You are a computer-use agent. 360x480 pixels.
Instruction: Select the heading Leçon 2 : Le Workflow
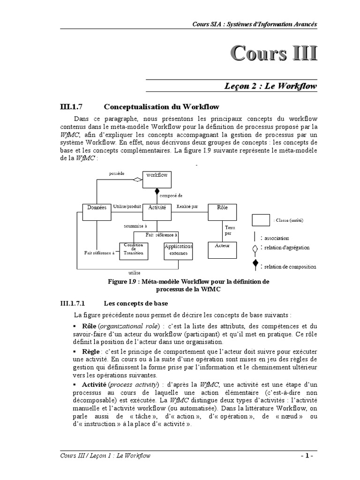coord(270,86)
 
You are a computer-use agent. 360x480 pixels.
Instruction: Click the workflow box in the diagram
coord(157,179)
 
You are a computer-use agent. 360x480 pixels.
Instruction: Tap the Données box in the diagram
coord(97,211)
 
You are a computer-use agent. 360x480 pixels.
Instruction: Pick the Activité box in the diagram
coord(157,211)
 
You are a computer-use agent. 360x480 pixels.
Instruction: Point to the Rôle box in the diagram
coord(222,211)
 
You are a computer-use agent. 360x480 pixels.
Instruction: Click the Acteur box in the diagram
coord(222,250)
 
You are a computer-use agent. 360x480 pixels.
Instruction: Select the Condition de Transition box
coord(134,251)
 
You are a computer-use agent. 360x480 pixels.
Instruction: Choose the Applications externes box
coord(178,251)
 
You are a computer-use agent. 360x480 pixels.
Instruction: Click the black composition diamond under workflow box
coord(157,191)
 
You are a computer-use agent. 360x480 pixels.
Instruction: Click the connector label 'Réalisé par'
coord(187,206)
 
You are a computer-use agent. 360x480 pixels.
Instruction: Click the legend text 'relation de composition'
coord(290,267)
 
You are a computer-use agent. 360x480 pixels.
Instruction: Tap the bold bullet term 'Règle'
coord(91,351)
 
